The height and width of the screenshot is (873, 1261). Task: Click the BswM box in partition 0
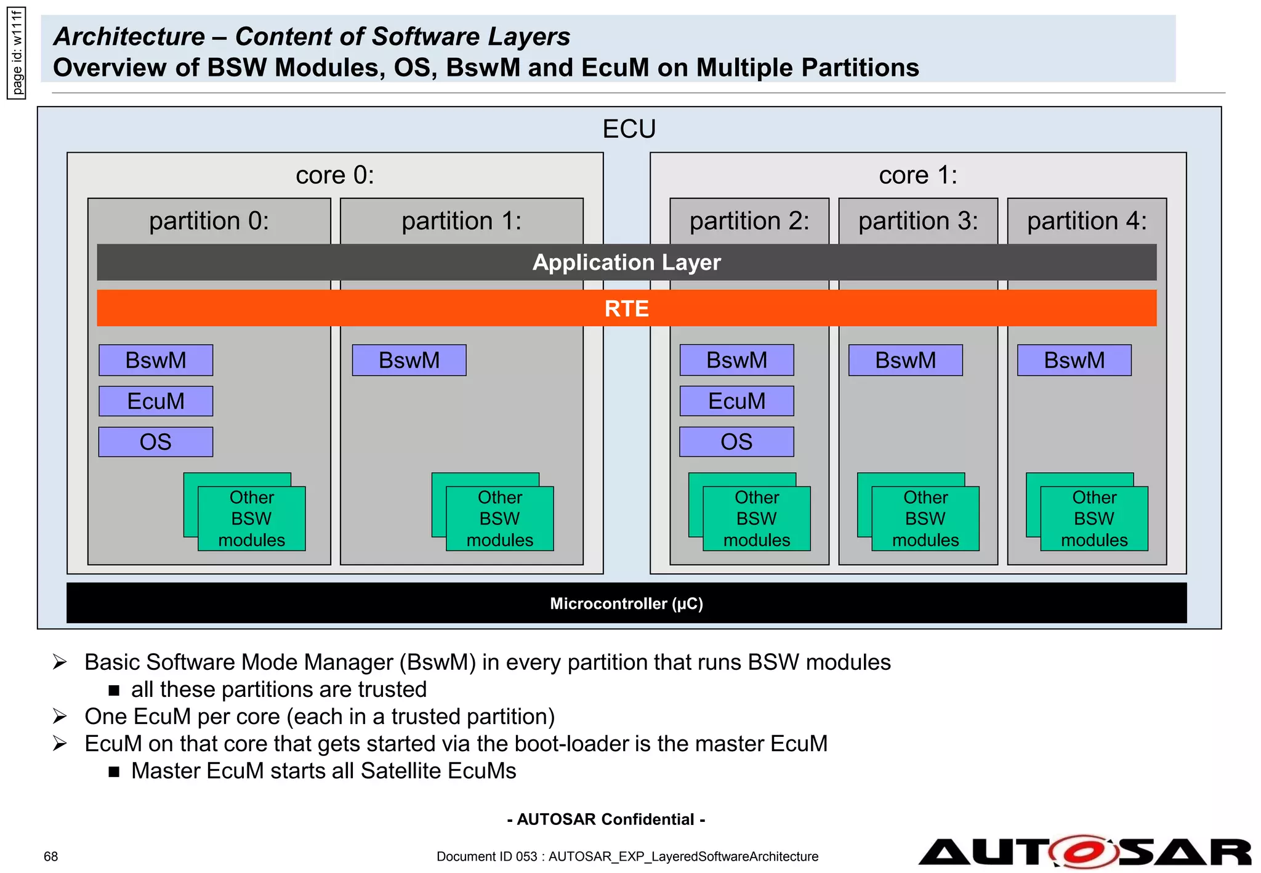(x=156, y=360)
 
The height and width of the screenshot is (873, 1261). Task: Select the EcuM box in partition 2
(x=736, y=401)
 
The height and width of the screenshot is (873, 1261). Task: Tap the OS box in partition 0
(x=156, y=442)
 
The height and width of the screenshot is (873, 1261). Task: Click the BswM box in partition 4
(x=1074, y=360)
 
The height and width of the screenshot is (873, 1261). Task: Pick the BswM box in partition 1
(x=409, y=360)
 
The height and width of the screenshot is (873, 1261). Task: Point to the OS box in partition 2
(x=736, y=442)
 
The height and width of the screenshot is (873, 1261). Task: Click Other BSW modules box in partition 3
(x=925, y=518)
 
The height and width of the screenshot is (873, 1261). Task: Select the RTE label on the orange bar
(x=626, y=308)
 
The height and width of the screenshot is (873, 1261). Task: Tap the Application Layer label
(x=626, y=263)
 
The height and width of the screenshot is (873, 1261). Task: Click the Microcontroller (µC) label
(x=626, y=603)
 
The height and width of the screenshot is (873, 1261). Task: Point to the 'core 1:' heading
(x=917, y=175)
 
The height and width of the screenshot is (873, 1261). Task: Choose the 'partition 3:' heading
(x=917, y=221)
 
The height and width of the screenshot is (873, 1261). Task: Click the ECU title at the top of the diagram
(x=629, y=129)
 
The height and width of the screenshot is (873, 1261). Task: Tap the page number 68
(x=50, y=856)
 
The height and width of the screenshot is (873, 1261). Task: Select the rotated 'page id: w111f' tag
(x=17, y=53)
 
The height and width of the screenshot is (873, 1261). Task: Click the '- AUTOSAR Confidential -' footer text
(x=606, y=819)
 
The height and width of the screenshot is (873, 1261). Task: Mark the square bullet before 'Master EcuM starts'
(x=114, y=771)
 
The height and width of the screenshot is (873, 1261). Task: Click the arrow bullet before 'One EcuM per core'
(x=60, y=717)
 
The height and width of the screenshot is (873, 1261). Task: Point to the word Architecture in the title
(x=129, y=37)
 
